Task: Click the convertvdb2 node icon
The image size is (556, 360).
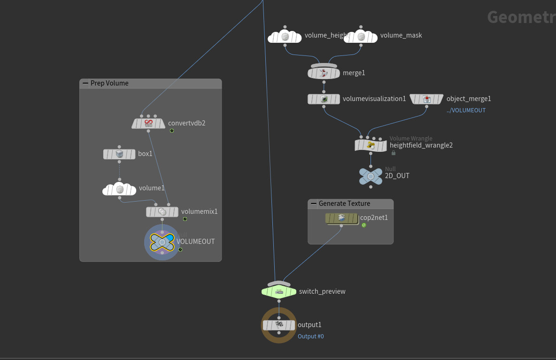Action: (x=148, y=123)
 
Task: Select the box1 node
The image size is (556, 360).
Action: (x=119, y=154)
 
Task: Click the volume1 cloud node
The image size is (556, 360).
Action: (x=119, y=189)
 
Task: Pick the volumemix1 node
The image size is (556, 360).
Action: (x=162, y=212)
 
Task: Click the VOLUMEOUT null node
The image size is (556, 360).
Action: (x=162, y=242)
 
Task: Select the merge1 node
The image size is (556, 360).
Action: (x=324, y=73)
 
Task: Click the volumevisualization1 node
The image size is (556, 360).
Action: (x=324, y=99)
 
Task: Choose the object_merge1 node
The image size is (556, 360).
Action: (x=426, y=99)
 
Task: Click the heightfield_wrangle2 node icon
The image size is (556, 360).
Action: (x=371, y=145)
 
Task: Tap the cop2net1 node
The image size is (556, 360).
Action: (x=341, y=218)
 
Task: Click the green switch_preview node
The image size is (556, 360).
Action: (x=279, y=291)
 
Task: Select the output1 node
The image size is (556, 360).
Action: (x=279, y=325)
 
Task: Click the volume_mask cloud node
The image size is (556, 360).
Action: (x=361, y=36)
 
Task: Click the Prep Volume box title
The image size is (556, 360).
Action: (x=109, y=83)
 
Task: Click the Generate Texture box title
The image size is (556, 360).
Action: (x=344, y=203)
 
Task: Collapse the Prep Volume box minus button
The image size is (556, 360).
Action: (x=85, y=83)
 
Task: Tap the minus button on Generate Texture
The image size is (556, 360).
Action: (x=314, y=203)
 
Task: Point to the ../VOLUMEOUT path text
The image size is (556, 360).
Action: (x=466, y=110)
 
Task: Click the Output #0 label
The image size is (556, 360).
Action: (x=310, y=337)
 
